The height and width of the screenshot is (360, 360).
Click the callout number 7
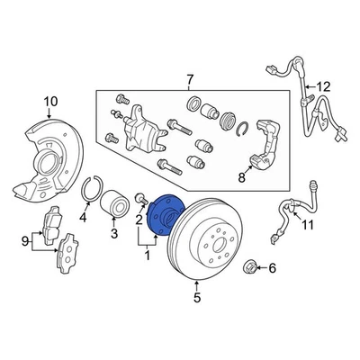(x=188, y=82)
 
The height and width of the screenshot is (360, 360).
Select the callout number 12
(x=324, y=86)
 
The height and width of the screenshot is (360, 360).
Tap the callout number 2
(x=140, y=218)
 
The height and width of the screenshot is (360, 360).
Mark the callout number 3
(x=113, y=236)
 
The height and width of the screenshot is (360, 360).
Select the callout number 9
(x=24, y=240)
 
